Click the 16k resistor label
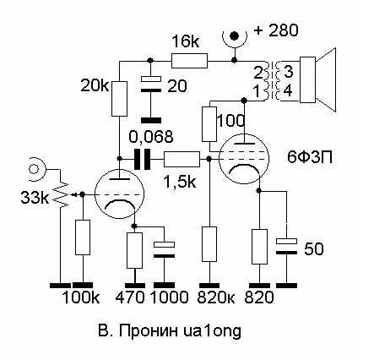click(186, 42)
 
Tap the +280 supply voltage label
click(276, 30)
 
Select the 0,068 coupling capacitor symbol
click(142, 159)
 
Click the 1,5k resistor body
click(182, 159)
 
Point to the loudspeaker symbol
click(318, 79)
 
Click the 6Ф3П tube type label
click(310, 157)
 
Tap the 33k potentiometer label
click(35, 198)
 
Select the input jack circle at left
click(34, 169)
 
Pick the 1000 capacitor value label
click(170, 297)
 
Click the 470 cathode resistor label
click(130, 297)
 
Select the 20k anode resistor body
click(119, 99)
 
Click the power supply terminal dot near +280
click(234, 35)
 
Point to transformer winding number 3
click(289, 73)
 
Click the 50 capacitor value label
click(314, 249)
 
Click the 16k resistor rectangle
click(189, 61)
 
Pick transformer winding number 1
click(257, 91)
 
